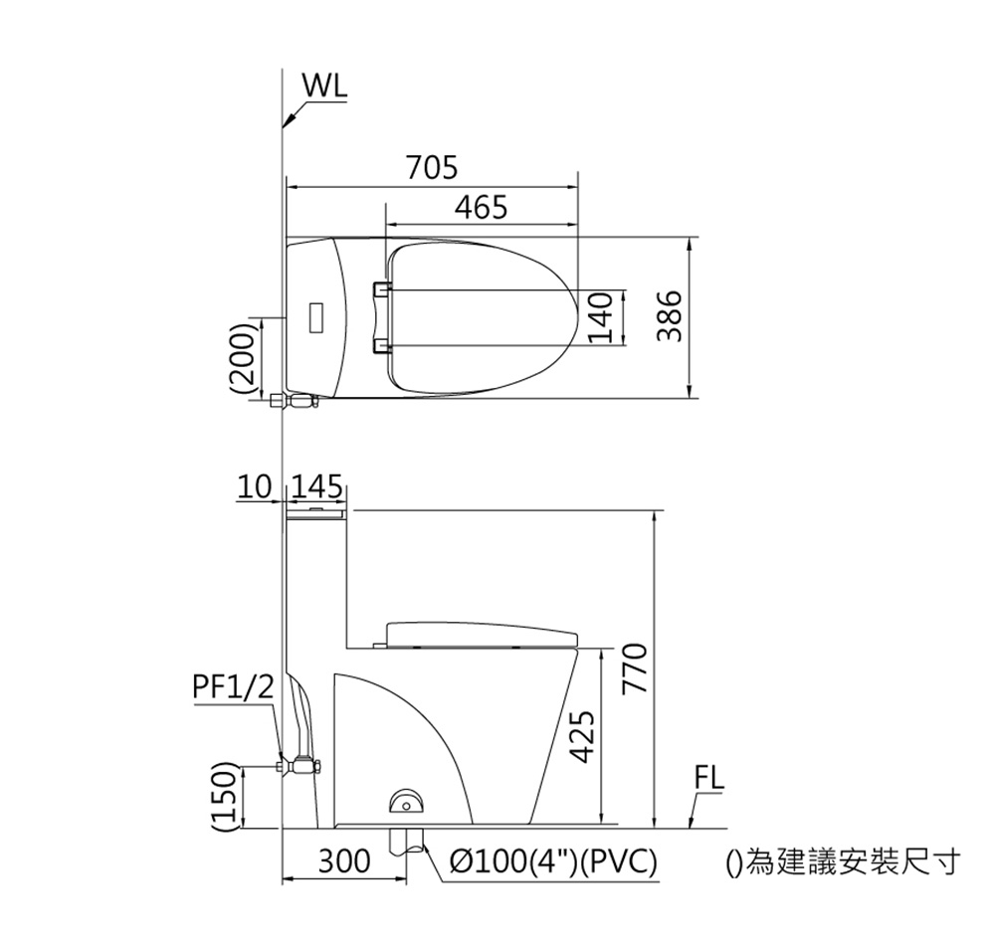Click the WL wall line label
pyautogui.click(x=325, y=87)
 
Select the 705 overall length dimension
pyautogui.click(x=432, y=168)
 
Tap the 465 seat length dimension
pyautogui.click(x=482, y=208)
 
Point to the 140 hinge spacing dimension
pyautogui.click(x=598, y=317)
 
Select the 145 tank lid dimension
pyautogui.click(x=317, y=487)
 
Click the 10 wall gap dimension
pyautogui.click(x=254, y=487)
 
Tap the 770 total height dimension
pyautogui.click(x=637, y=668)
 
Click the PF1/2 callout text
pyautogui.click(x=232, y=687)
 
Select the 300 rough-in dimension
pyautogui.click(x=344, y=861)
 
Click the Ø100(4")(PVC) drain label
pyautogui.click(x=554, y=861)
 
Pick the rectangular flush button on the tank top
pyautogui.click(x=317, y=316)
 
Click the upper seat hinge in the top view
pyautogui.click(x=380, y=288)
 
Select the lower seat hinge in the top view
pyautogui.click(x=380, y=345)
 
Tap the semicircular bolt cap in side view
pyautogui.click(x=406, y=799)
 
